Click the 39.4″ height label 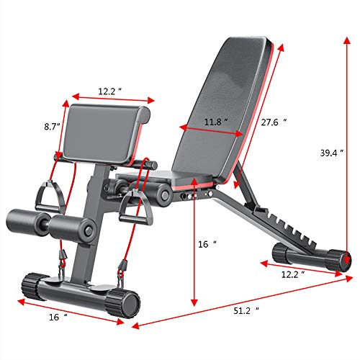333,153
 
